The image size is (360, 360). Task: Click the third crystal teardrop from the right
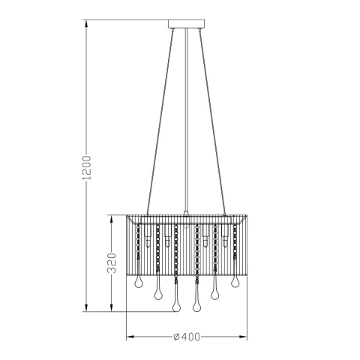click(197, 305)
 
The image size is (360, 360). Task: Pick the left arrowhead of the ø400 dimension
click(129, 337)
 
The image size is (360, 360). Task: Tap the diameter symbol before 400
click(175, 337)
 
